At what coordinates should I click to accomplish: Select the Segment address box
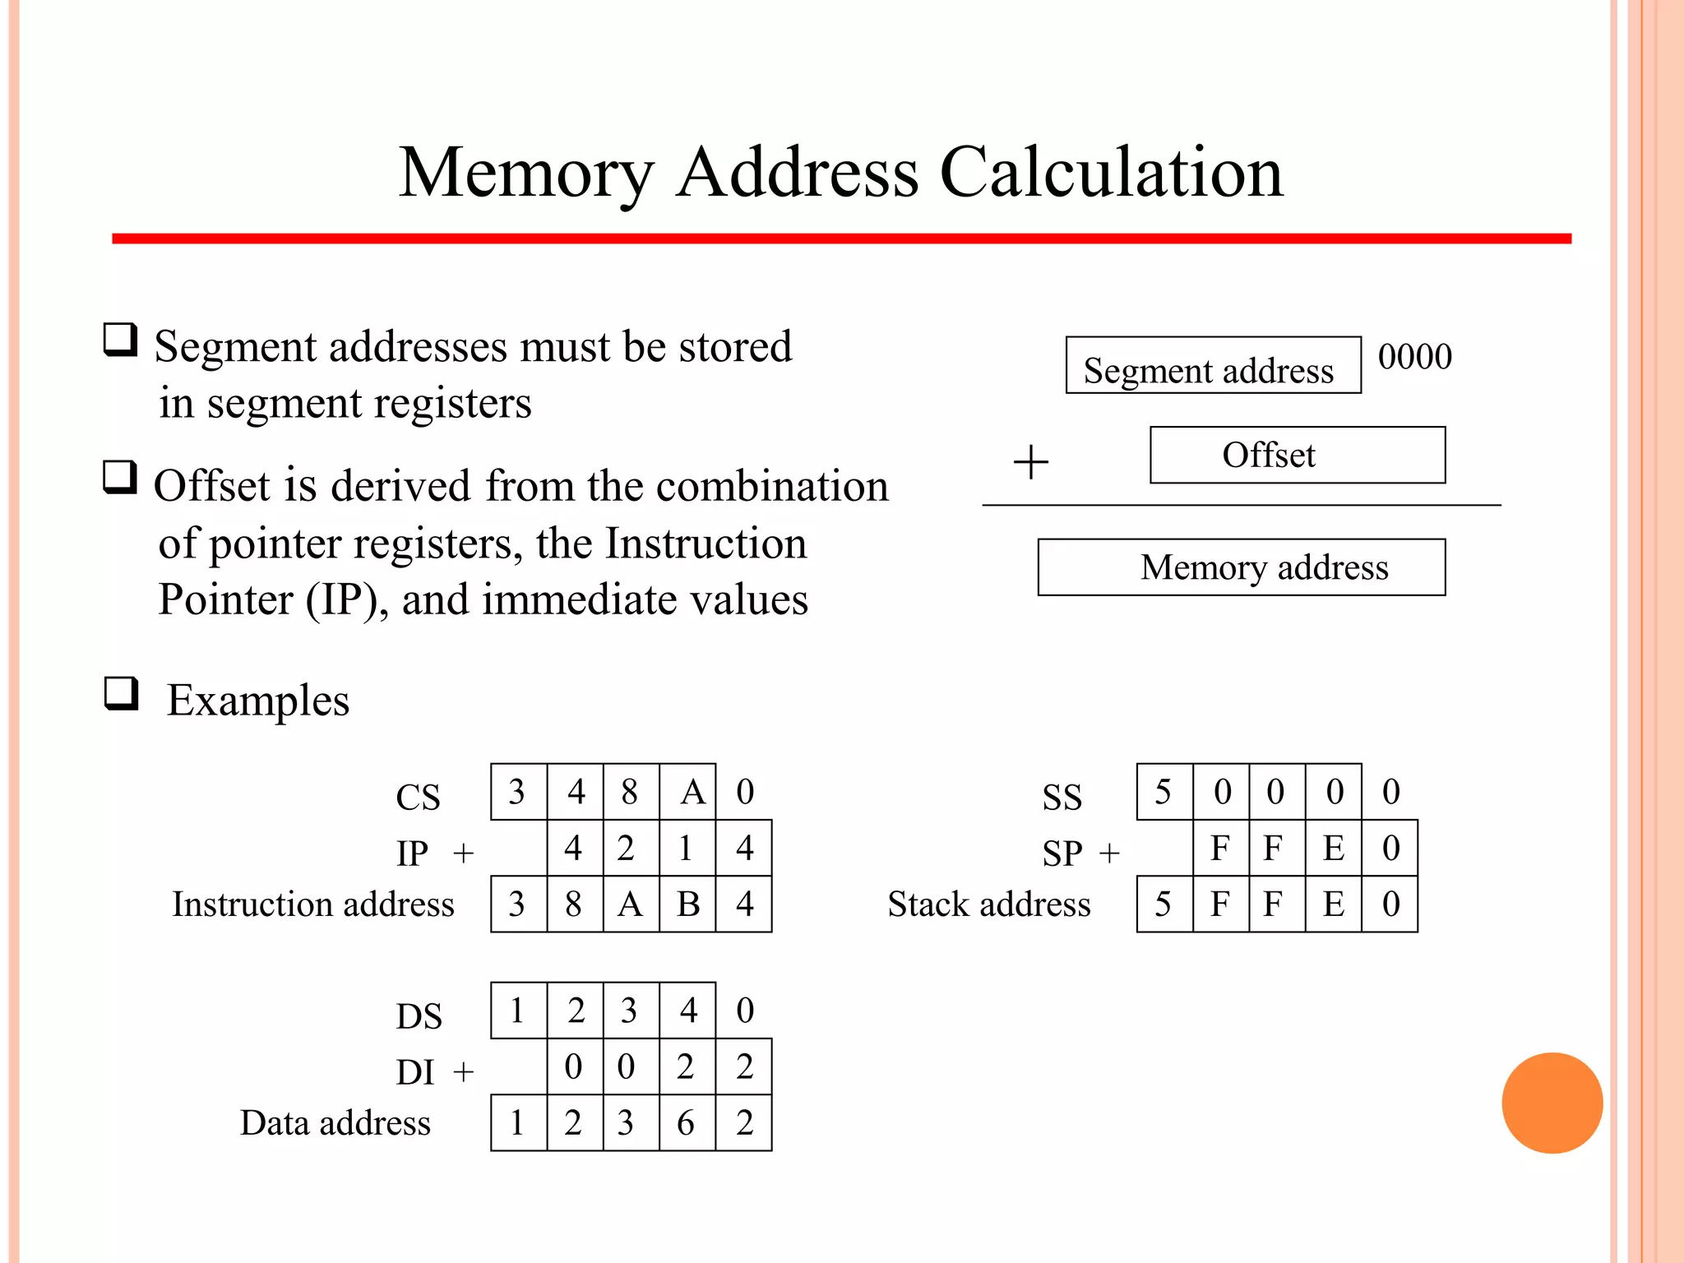(1212, 365)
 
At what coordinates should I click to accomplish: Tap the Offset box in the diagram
(1297, 455)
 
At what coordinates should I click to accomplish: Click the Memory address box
(1241, 567)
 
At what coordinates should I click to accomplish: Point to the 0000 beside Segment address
(1414, 357)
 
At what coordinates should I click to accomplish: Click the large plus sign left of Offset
(1030, 462)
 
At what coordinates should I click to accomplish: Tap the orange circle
(1552, 1103)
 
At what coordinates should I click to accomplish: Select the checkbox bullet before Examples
(121, 693)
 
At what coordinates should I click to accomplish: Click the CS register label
(418, 797)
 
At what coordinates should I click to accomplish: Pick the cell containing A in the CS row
(687, 792)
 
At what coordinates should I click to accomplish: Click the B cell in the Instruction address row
(687, 904)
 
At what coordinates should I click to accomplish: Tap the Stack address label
(988, 904)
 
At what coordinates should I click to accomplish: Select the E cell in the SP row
(1333, 848)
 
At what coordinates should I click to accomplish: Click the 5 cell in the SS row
(1164, 792)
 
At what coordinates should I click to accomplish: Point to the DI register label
(414, 1072)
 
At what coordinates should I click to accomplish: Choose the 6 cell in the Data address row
(686, 1123)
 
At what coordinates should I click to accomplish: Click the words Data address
(335, 1123)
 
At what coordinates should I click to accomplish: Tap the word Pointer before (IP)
(225, 599)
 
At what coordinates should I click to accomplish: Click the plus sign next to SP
(1109, 854)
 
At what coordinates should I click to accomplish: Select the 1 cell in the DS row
(517, 1011)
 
